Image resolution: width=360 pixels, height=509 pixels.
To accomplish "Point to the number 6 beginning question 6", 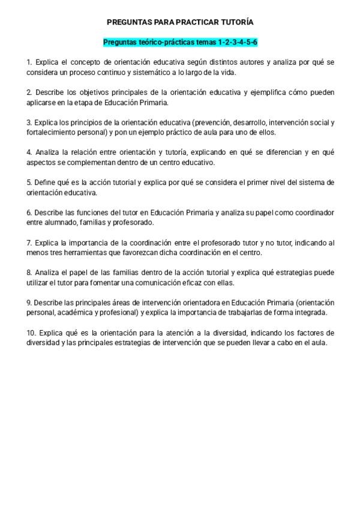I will pos(29,212).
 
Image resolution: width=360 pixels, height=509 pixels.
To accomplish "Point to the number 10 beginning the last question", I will pos(31,333).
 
